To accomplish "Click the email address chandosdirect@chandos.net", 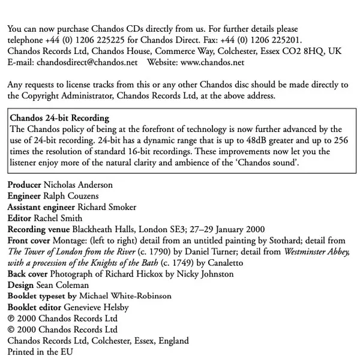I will point(87,62).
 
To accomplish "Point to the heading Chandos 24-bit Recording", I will point(60,118).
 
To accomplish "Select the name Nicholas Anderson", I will point(78,185).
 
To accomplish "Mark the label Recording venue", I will point(38,230).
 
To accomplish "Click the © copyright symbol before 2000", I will point(11,329).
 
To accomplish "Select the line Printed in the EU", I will point(40,352).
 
